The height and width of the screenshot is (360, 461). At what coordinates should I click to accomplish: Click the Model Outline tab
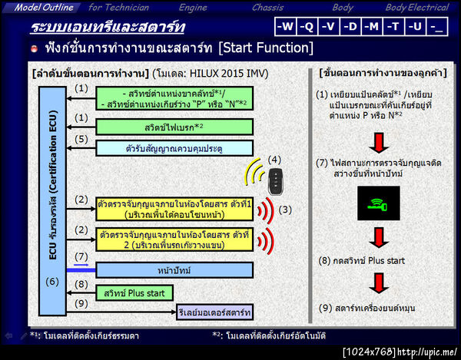[45, 8]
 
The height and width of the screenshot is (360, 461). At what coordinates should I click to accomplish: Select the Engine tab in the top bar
[193, 8]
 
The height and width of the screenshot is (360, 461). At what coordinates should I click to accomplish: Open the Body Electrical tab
[417, 8]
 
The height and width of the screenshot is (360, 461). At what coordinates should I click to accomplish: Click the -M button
[373, 27]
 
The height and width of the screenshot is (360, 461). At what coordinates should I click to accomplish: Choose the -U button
[416, 27]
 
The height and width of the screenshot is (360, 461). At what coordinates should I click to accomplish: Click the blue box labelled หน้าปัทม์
[174, 269]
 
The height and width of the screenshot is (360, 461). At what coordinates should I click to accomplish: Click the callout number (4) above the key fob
[274, 160]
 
